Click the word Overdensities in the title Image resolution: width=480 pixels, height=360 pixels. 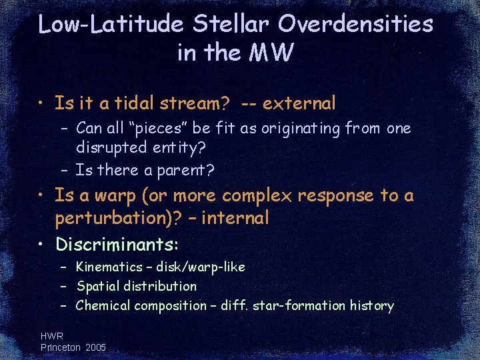click(x=355, y=25)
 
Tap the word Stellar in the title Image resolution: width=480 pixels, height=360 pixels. click(x=231, y=25)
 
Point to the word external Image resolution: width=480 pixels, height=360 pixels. click(x=299, y=103)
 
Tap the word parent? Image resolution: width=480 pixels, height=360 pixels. click(x=186, y=171)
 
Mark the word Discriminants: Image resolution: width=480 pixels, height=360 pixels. click(x=117, y=244)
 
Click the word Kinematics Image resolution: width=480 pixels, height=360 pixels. click(x=109, y=267)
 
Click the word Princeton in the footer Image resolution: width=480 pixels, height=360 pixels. click(x=59, y=347)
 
